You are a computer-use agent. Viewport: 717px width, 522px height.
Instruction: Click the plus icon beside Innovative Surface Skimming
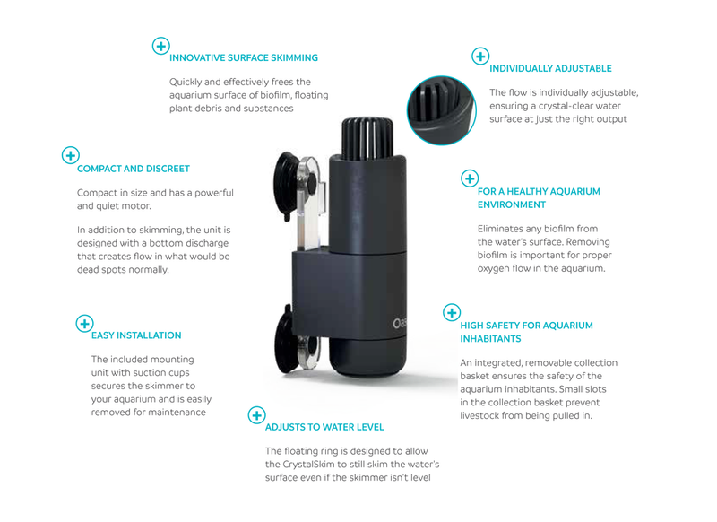161,46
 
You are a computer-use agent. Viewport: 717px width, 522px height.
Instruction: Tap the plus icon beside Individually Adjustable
480,57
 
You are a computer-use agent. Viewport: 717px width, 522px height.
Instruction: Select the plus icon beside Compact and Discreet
71,155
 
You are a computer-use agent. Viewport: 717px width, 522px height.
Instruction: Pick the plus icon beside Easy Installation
84,324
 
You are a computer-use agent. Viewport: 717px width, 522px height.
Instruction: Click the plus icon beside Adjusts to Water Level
256,415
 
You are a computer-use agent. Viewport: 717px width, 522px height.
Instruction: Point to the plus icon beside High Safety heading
452,312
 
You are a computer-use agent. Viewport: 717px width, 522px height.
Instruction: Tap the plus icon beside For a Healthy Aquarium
470,178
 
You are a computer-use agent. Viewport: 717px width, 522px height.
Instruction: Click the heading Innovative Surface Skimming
244,58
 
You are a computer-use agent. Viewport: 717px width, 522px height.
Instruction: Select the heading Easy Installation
136,335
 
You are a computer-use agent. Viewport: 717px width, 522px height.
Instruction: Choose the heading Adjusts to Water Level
324,427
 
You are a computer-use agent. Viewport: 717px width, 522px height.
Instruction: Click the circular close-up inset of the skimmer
442,110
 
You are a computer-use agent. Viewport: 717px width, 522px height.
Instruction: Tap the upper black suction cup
286,186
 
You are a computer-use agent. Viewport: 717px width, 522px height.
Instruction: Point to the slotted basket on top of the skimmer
367,139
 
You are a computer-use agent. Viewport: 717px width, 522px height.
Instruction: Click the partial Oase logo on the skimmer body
399,324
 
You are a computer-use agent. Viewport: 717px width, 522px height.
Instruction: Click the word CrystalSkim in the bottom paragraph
308,465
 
